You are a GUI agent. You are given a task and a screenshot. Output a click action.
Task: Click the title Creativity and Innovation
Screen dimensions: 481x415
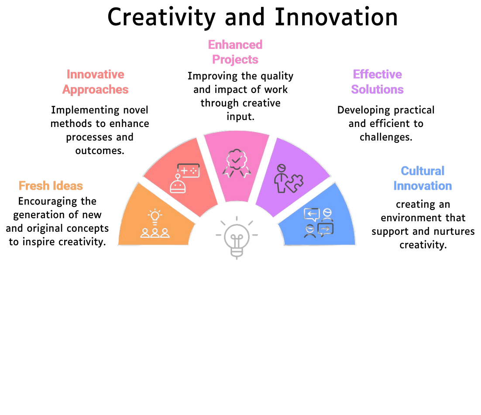click(252, 17)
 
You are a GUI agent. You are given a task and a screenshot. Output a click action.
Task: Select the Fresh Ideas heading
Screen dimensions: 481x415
click(51, 186)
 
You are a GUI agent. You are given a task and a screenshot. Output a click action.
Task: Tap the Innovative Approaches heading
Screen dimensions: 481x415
click(96, 82)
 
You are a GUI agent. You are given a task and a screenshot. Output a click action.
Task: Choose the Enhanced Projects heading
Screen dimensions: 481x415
click(235, 52)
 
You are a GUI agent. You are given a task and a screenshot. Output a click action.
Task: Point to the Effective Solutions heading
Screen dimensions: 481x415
click(377, 82)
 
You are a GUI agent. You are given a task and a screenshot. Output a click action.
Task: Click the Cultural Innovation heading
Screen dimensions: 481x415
click(423, 178)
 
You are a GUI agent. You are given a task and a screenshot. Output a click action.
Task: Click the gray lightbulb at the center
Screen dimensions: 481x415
click(237, 237)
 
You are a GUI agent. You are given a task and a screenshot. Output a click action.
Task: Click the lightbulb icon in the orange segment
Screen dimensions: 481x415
click(155, 216)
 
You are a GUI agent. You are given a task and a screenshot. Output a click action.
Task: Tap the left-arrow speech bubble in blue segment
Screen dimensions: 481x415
click(312, 214)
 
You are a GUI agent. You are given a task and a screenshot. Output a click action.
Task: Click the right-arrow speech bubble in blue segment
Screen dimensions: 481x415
click(326, 230)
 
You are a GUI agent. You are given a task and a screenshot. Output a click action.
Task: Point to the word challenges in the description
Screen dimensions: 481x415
click(386, 137)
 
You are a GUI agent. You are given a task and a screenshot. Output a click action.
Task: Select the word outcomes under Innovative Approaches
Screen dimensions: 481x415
click(100, 151)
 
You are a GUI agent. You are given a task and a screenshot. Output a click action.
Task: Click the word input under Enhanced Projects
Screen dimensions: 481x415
click(240, 117)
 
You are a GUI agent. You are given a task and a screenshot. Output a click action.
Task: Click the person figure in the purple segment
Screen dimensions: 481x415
click(280, 178)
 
